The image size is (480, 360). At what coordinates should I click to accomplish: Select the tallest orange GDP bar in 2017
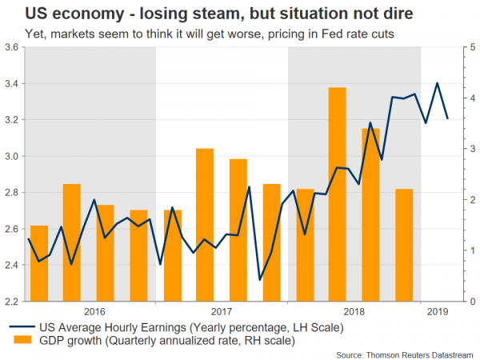[205, 225]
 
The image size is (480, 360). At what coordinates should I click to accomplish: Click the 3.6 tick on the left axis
[13, 47]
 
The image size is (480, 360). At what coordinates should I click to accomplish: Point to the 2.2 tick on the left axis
[13, 302]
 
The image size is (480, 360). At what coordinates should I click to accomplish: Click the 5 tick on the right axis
[454, 47]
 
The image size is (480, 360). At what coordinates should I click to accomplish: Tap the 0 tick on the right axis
[454, 302]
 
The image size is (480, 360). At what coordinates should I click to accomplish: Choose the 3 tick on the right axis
[454, 149]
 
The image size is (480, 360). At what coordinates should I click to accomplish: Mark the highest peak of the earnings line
[437, 83]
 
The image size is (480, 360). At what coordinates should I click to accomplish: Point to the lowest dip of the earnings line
[260, 279]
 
